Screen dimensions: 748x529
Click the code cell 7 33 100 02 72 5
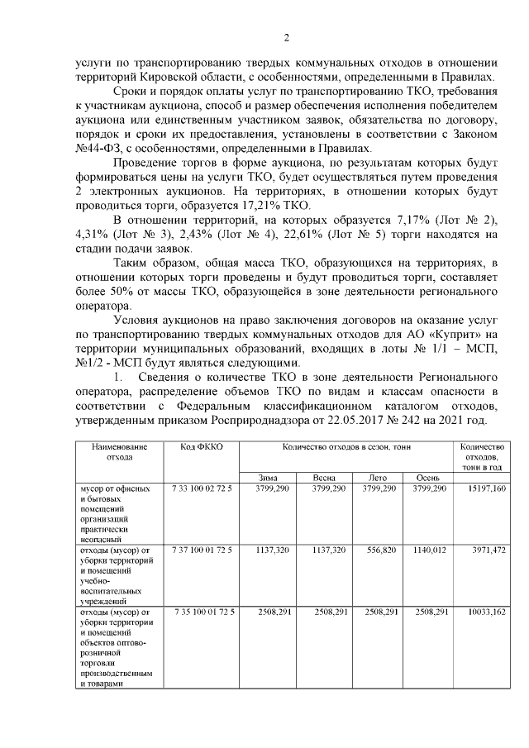point(202,489)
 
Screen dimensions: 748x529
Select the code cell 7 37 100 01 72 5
point(202,549)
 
